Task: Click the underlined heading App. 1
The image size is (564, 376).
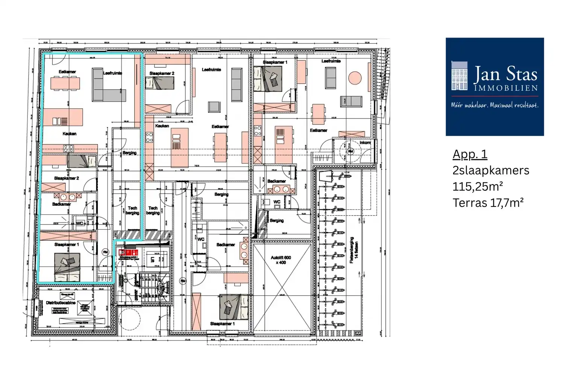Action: (470, 154)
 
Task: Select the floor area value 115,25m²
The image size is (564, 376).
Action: (478, 186)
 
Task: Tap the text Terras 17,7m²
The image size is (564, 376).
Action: (488, 203)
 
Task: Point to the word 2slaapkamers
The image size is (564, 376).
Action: (491, 170)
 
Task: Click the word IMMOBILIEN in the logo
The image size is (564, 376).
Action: (506, 88)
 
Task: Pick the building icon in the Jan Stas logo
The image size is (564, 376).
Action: (459, 76)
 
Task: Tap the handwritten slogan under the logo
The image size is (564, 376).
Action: (494, 105)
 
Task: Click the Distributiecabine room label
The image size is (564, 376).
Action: (61, 303)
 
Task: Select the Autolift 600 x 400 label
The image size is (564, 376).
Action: (280, 260)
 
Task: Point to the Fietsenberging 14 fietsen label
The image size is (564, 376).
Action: (354, 250)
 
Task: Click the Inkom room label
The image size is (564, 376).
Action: (365, 143)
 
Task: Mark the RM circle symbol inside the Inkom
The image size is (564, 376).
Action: (350, 152)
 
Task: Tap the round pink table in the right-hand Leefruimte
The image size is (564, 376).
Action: (355, 78)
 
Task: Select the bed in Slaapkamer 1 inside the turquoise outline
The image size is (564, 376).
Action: (67, 267)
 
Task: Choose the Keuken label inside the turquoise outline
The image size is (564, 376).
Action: (69, 133)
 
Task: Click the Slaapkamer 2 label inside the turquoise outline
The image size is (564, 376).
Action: (66, 178)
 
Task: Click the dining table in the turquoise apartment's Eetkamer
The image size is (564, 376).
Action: (65, 83)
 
